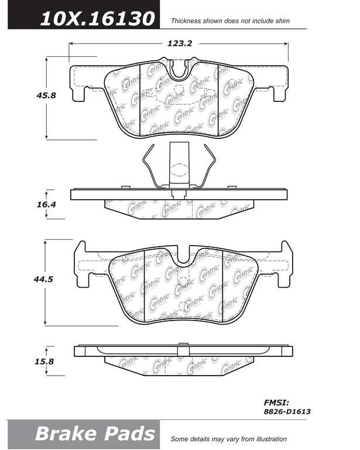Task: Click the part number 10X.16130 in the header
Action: [97, 19]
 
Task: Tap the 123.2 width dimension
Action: [180, 43]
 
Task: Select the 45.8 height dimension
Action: [46, 96]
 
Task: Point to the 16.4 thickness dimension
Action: [46, 204]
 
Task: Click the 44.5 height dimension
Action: [43, 279]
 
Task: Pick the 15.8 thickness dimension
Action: [44, 362]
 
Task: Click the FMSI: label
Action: [276, 403]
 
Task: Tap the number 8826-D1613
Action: [287, 412]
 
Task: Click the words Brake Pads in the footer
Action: [95, 434]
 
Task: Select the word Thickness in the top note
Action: [186, 21]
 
